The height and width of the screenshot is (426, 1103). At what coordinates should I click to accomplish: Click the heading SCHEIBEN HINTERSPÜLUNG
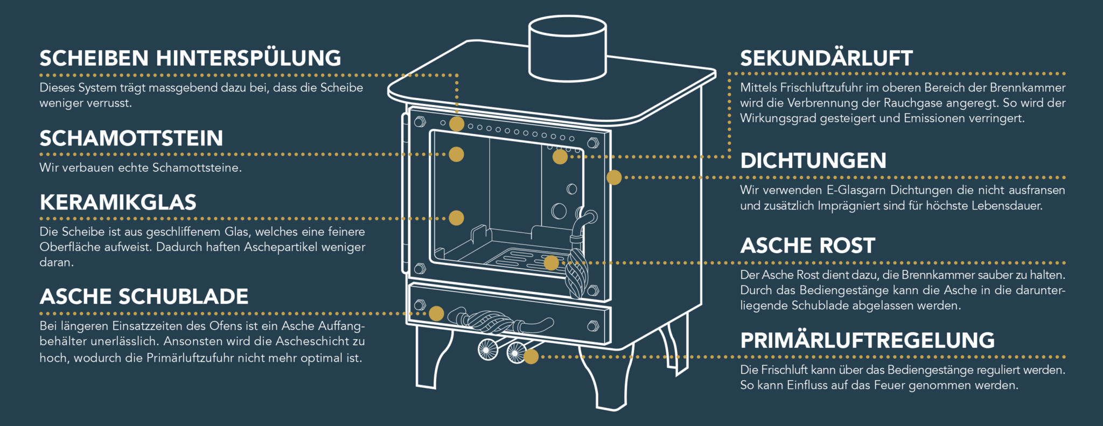tap(190, 58)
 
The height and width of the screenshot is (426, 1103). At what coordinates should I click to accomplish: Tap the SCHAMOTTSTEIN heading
tap(131, 138)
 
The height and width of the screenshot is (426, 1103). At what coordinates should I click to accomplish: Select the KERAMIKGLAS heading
tap(118, 202)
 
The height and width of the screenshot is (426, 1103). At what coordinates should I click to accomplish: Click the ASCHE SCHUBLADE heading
tap(144, 297)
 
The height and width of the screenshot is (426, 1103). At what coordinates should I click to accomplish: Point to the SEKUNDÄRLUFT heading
tap(826, 58)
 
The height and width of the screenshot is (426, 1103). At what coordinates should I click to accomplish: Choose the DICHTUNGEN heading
tap(813, 160)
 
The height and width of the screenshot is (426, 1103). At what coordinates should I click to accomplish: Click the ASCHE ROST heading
tap(807, 246)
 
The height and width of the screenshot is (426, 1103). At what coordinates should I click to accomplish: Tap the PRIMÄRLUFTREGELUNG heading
tap(867, 340)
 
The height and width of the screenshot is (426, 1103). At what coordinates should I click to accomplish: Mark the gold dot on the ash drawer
tap(436, 313)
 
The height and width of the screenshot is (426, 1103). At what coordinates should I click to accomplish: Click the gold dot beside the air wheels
tap(531, 357)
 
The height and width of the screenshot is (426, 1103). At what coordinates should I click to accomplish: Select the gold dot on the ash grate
tap(551, 263)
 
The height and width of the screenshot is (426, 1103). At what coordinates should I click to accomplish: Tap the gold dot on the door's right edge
tap(614, 177)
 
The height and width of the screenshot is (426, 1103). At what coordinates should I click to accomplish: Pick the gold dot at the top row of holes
tap(457, 124)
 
